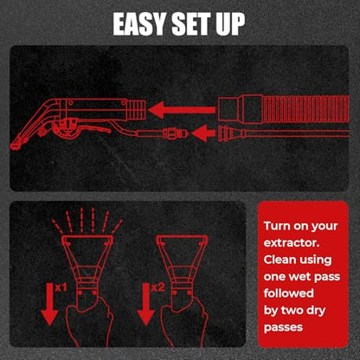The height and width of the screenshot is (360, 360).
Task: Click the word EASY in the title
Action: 139,24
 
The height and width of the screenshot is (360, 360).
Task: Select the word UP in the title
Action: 230,24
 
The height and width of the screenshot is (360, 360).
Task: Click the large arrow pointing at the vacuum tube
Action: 182,110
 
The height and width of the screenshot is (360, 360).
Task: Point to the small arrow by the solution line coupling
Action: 203,133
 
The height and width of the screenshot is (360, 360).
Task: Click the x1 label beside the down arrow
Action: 61,287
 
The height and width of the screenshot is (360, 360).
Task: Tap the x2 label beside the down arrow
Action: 157,287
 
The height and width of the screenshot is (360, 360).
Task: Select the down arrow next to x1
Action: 49,304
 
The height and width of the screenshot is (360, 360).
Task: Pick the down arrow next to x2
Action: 146,304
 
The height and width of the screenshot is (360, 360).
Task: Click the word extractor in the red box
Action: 292,243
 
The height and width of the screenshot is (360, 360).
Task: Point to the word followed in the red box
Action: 289,293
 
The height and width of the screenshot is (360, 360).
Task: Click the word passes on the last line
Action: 283,328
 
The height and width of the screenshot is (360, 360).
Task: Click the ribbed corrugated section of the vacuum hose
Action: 305,109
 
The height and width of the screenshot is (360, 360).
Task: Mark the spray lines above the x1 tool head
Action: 87,221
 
